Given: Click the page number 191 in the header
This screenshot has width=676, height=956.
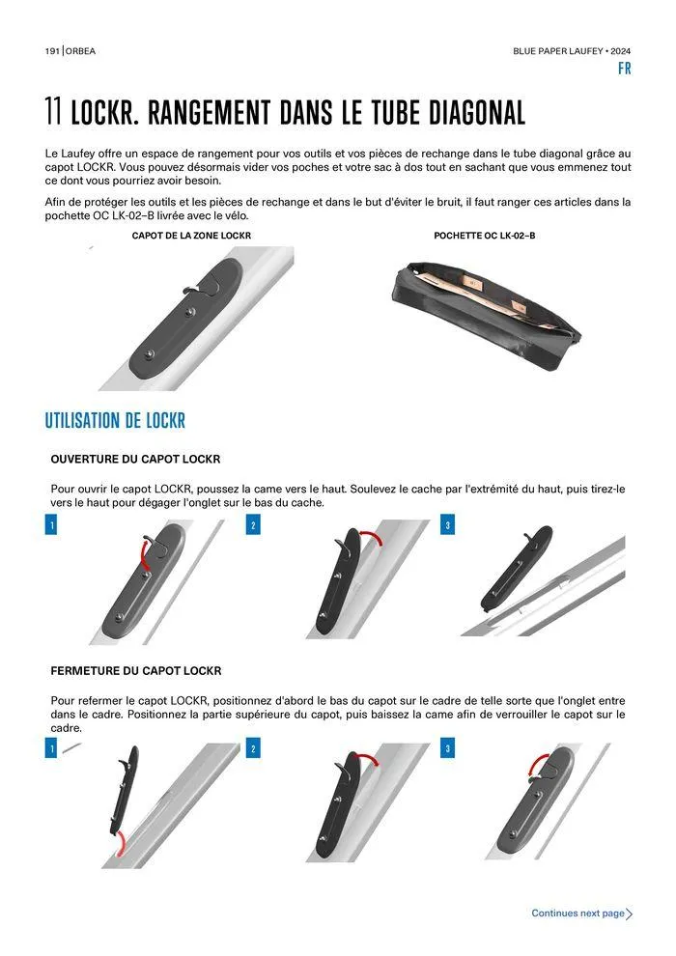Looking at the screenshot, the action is [52, 51].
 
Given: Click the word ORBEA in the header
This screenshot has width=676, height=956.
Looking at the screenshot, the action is [80, 51].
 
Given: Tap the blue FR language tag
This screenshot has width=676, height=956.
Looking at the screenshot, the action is [624, 69].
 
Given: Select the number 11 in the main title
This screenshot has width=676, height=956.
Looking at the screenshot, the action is [53, 112].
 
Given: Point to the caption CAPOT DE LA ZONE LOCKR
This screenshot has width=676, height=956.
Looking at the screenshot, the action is [191, 236].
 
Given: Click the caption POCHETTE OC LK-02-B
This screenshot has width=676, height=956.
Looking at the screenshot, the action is [485, 236].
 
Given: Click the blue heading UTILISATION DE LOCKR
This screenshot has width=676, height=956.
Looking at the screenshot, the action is [115, 421].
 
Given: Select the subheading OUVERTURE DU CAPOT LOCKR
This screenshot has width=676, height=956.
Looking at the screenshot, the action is [135, 459].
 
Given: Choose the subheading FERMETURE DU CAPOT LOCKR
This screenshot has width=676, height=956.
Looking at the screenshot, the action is [136, 671].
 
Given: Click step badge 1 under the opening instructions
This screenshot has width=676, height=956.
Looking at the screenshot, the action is [51, 525].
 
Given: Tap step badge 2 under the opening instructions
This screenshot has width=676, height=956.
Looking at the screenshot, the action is [253, 525].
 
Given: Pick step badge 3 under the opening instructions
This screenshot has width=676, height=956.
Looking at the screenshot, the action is [447, 525].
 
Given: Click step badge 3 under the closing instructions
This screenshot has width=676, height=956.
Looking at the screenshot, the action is [447, 748].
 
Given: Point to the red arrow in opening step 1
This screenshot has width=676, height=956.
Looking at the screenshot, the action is [142, 553].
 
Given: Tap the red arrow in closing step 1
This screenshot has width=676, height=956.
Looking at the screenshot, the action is [121, 843].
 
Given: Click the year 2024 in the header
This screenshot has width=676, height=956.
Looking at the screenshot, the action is [621, 51].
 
